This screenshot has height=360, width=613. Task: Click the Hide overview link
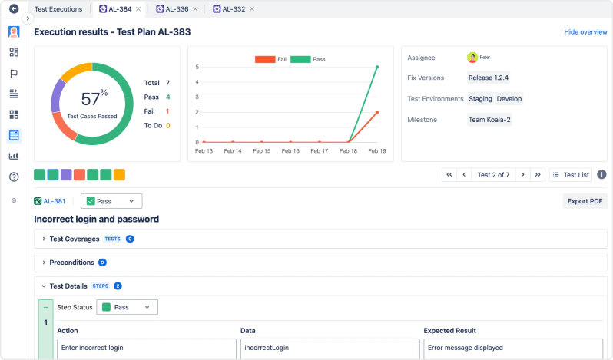tap(585, 32)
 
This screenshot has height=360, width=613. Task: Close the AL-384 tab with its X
tap(138, 9)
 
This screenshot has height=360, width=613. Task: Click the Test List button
tap(570, 174)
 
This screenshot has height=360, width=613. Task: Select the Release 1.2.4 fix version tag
tap(489, 78)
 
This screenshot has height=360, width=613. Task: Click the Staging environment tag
tap(480, 98)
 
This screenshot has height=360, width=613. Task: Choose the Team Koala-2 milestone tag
tap(489, 119)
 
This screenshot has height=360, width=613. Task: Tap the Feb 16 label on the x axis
tap(290, 151)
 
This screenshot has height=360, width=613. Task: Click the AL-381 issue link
tap(54, 201)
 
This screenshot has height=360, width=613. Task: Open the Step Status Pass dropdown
tap(127, 307)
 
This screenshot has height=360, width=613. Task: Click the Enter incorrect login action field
tap(146, 348)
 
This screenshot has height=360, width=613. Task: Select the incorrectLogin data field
tap(329, 348)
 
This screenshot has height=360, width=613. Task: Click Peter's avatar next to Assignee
tap(472, 57)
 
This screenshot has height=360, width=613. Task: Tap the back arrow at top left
tap(14, 9)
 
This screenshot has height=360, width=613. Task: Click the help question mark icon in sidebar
tap(14, 177)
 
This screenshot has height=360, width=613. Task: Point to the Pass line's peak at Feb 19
tap(376, 67)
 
